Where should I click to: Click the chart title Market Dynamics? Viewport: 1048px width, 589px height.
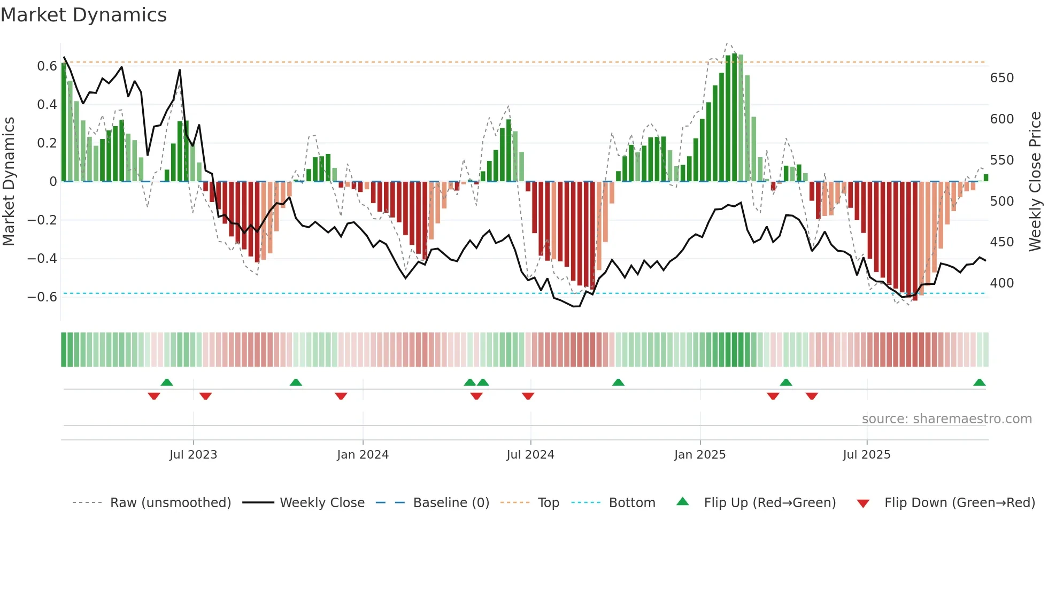click(83, 15)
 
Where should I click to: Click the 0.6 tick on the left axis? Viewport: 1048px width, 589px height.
click(47, 66)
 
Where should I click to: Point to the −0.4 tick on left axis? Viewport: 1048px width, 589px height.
click(42, 259)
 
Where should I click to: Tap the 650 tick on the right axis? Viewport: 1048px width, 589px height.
click(1001, 78)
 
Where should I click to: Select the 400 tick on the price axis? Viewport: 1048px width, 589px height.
click(1001, 283)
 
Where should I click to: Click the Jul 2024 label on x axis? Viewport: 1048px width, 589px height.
click(530, 455)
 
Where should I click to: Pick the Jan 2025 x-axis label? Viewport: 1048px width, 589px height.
click(699, 455)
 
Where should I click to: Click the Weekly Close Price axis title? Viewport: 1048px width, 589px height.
click(1035, 182)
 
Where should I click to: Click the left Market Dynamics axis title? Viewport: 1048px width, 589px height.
click(9, 182)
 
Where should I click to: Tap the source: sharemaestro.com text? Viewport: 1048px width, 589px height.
click(946, 419)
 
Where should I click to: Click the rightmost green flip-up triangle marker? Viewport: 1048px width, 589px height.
click(979, 383)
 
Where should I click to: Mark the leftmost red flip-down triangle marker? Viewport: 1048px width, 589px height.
click(154, 396)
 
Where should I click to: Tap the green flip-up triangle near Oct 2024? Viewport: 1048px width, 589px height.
click(618, 383)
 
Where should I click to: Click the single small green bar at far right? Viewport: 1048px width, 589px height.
click(985, 178)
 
